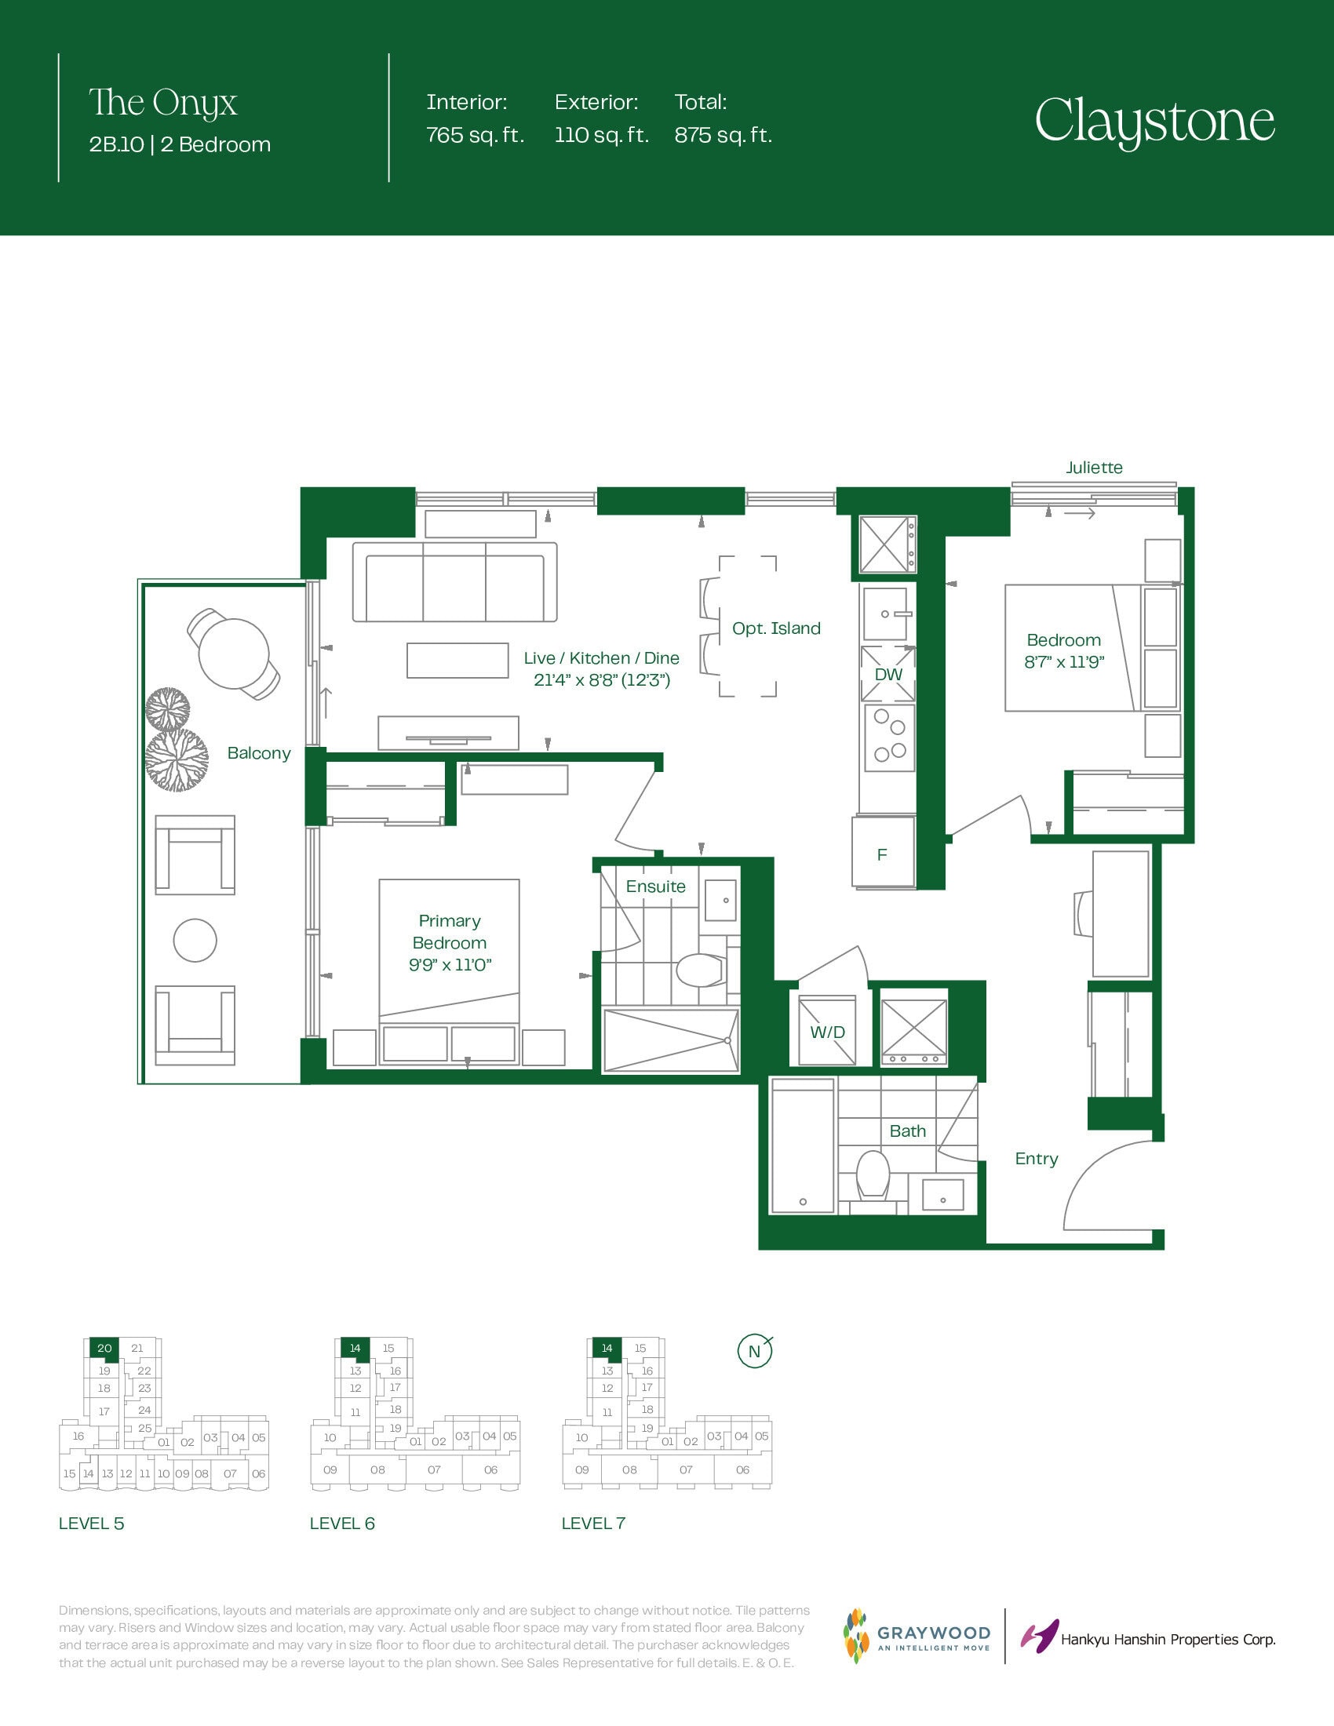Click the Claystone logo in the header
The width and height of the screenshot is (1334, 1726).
click(1154, 122)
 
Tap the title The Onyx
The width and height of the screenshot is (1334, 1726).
click(162, 103)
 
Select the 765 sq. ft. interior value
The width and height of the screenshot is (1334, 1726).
click(475, 135)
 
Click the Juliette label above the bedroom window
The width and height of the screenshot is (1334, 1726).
click(1094, 467)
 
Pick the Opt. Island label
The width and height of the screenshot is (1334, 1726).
click(776, 628)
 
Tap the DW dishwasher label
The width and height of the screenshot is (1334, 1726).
click(888, 674)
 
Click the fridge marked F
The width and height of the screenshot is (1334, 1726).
click(883, 852)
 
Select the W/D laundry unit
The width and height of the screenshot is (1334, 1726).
click(826, 1031)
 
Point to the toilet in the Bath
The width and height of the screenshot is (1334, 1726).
click(873, 1175)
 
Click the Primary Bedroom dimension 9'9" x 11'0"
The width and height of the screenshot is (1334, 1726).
click(450, 965)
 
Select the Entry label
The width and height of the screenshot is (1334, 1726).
click(1036, 1159)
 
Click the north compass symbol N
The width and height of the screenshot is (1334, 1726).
click(755, 1351)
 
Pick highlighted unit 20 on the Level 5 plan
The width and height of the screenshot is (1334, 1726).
click(104, 1348)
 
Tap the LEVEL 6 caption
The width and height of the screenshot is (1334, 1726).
click(342, 1524)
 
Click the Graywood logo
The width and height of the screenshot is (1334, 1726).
click(917, 1636)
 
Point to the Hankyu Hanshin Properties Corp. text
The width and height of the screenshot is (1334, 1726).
click(1168, 1640)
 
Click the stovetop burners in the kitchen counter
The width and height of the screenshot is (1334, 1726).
click(889, 736)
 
